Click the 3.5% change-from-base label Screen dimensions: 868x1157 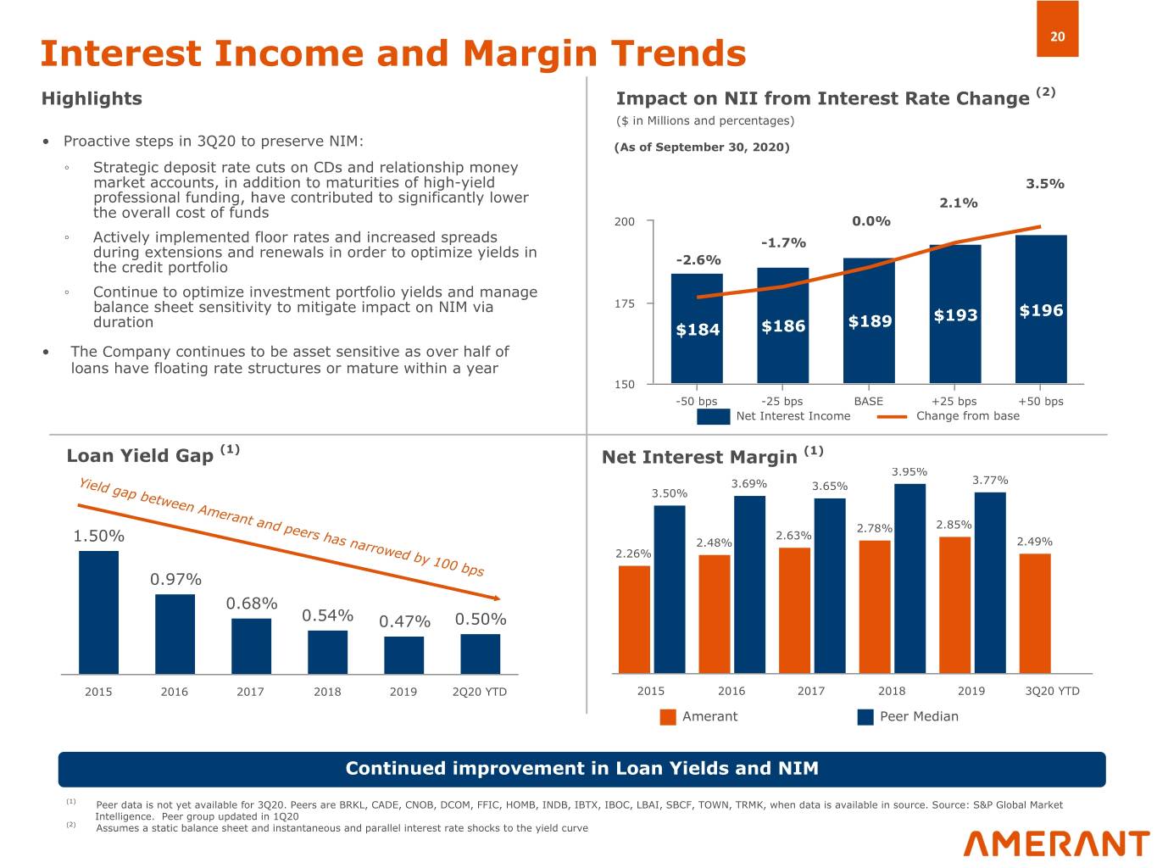[x=1044, y=184]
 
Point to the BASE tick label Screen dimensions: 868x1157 [x=868, y=401]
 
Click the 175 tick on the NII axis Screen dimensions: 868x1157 [x=624, y=303]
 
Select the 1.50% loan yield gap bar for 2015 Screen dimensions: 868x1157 [x=98, y=612]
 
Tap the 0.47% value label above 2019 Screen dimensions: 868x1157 [x=404, y=622]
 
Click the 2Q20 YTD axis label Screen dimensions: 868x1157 [x=479, y=692]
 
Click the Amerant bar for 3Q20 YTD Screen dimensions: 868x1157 [x=1035, y=614]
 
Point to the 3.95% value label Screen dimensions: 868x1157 [x=909, y=472]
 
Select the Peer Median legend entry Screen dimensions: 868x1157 [x=908, y=717]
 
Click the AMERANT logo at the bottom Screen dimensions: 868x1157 [x=1056, y=843]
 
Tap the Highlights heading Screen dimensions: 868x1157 [x=92, y=98]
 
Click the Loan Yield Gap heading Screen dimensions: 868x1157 [x=140, y=456]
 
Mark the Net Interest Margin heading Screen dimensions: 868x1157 [x=699, y=458]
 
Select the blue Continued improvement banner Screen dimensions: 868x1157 [x=581, y=769]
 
